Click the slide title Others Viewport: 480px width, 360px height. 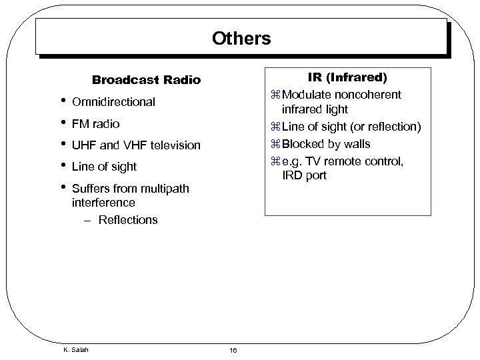tap(241, 38)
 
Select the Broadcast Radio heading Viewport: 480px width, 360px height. tap(146, 80)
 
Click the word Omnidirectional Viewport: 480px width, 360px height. tap(113, 102)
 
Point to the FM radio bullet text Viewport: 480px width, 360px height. tap(95, 123)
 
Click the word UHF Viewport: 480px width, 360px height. tap(84, 145)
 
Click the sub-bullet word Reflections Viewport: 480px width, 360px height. tap(128, 219)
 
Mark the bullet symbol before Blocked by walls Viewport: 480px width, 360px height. tap(276, 145)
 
